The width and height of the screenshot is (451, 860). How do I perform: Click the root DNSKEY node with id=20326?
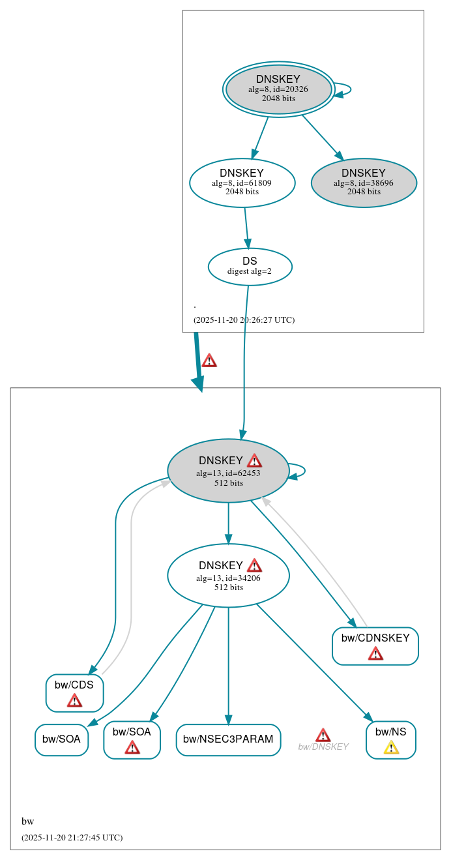(x=278, y=89)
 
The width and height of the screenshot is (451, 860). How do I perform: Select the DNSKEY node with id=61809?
(x=242, y=183)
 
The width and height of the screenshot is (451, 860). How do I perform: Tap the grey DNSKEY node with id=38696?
(x=364, y=183)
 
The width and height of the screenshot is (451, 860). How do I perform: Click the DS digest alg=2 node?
(x=250, y=266)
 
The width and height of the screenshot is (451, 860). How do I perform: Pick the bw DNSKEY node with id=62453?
(x=228, y=470)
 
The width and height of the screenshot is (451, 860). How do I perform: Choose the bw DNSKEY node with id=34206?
(x=228, y=575)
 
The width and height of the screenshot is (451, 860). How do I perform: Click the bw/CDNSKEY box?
(x=375, y=645)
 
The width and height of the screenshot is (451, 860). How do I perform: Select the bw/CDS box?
(x=74, y=692)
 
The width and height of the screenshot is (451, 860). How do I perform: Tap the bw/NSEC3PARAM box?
(x=228, y=739)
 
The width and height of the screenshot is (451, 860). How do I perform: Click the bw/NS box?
(x=390, y=739)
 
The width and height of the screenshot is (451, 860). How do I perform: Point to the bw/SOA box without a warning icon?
(x=61, y=739)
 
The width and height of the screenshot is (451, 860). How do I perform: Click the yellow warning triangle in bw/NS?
(x=391, y=747)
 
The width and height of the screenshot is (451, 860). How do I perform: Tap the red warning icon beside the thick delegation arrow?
(x=209, y=361)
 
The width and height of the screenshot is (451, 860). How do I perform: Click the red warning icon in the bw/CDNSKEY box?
(x=375, y=653)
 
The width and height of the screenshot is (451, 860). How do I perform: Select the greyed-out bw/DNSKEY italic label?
(x=323, y=747)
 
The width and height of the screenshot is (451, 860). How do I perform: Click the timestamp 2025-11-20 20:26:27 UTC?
(x=244, y=320)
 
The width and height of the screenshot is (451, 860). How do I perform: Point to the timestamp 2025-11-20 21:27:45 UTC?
(x=72, y=837)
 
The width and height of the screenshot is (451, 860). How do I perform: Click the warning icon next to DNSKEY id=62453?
(x=254, y=460)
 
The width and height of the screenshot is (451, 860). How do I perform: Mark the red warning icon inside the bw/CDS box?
(x=74, y=700)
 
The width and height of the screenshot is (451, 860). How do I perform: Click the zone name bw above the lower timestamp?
(x=27, y=822)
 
